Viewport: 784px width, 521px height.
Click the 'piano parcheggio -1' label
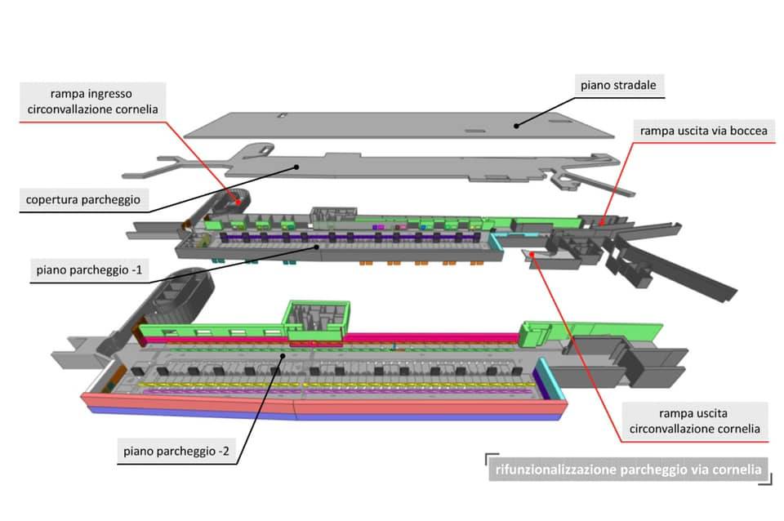(x=82, y=269)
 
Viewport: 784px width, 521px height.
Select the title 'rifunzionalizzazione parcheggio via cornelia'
(x=628, y=470)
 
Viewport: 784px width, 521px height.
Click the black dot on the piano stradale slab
(x=516, y=125)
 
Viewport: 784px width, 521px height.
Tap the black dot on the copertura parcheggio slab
(x=297, y=166)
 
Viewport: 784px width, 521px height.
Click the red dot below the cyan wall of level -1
(x=532, y=255)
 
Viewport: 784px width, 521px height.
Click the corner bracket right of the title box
(x=765, y=481)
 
